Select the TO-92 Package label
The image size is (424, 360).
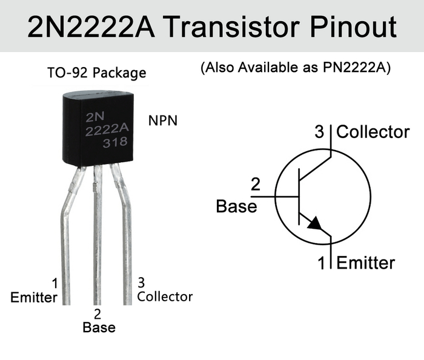(x=97, y=73)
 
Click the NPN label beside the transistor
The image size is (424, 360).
(x=163, y=120)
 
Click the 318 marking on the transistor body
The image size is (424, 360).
(x=114, y=143)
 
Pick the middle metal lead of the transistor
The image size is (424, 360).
(x=97, y=242)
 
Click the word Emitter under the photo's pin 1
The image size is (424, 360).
(x=34, y=297)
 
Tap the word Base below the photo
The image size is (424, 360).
(x=99, y=327)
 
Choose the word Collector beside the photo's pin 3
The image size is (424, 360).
(x=165, y=296)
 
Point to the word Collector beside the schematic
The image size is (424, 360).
(x=373, y=132)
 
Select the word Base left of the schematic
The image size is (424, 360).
(x=236, y=206)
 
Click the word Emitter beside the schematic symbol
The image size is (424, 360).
(x=365, y=263)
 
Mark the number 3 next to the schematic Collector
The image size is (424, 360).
(x=320, y=132)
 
